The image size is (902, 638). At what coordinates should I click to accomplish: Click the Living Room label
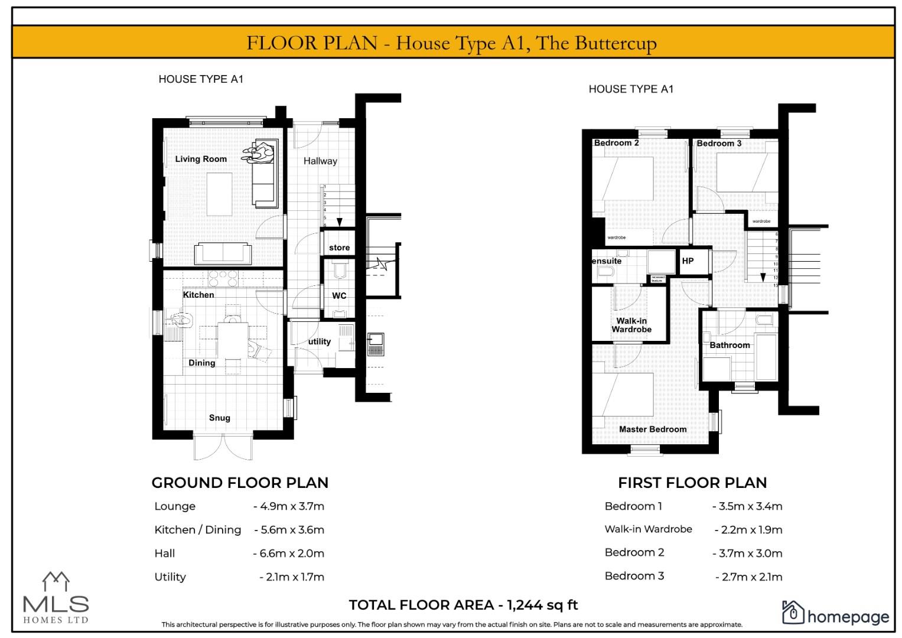201,159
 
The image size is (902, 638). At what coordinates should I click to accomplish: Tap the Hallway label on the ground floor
320,161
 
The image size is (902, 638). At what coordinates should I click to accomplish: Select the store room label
339,248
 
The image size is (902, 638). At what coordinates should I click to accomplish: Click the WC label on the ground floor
339,295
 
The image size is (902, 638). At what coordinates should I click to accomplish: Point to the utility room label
320,341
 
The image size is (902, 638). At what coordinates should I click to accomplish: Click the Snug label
219,418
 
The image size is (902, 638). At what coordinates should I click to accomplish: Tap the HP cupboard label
688,261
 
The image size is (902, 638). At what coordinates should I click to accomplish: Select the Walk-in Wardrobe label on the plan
631,325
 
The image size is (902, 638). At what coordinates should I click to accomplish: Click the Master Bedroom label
653,429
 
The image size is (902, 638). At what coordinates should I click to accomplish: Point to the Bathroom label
730,345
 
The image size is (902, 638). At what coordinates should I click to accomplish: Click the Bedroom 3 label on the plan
719,143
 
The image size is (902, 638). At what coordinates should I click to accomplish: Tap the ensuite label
607,261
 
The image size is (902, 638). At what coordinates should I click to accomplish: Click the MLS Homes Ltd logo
56,598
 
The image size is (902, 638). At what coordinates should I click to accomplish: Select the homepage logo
835,614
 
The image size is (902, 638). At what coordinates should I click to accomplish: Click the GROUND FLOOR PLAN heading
240,483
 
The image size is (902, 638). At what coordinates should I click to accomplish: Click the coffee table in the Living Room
219,194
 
